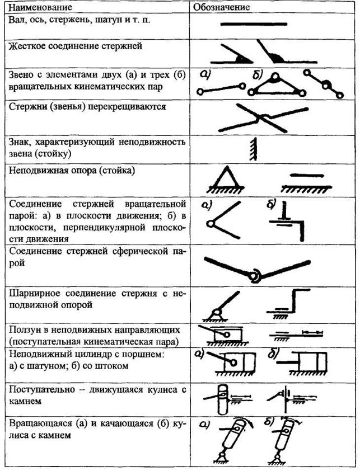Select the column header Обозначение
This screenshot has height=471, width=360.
tap(222, 8)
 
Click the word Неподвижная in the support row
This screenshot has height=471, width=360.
tap(37, 169)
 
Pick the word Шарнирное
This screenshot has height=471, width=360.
tap(32, 293)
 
